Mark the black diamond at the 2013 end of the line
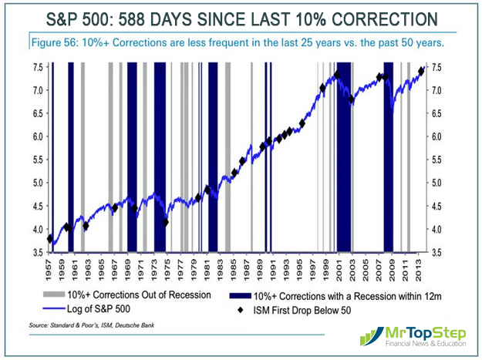[421, 71]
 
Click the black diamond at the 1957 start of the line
[50, 239]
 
